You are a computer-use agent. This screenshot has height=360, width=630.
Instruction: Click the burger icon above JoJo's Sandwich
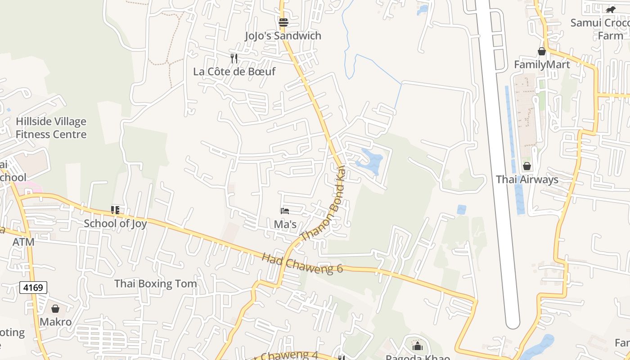pos(283,22)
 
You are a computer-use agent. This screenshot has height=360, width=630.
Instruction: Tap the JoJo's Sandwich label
pos(283,36)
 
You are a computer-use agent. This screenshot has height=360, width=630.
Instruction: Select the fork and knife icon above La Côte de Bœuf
pos(234,58)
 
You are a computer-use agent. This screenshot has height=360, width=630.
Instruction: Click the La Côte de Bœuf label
pos(234,72)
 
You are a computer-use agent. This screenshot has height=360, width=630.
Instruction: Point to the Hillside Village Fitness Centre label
pos(51,128)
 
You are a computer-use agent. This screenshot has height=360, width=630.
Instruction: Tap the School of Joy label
pos(115,224)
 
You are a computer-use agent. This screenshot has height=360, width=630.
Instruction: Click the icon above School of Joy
pos(115,210)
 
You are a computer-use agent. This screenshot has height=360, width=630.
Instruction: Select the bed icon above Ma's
pos(284,211)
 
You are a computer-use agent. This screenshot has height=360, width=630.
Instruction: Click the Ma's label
pos(285,224)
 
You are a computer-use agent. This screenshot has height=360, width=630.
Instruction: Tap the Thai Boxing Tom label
pos(155,284)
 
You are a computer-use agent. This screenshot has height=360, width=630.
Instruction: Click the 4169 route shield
pos(33,287)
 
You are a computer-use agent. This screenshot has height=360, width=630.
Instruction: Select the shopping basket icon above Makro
pos(55,309)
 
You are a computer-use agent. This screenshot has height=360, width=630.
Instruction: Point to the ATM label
pos(23,242)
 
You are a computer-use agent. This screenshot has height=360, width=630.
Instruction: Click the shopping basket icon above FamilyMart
pos(542,51)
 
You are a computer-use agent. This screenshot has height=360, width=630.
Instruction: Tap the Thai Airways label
pos(527,180)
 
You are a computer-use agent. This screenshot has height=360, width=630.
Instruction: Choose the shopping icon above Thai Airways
pos(527,166)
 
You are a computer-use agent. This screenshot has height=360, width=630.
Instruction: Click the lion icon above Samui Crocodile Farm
pos(610,9)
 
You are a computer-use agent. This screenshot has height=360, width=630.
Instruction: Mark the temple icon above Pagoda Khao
pos(418,346)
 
